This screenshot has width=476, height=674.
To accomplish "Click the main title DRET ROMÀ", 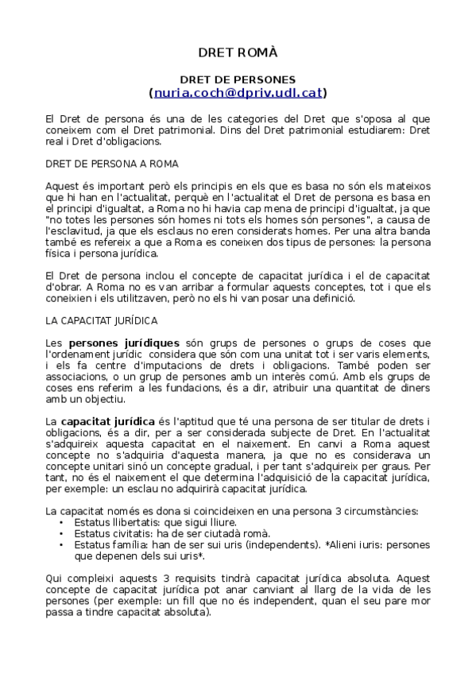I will [238, 52].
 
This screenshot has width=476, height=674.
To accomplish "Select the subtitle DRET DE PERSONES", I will [238, 79].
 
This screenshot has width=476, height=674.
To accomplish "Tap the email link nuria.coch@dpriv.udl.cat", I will [238, 93].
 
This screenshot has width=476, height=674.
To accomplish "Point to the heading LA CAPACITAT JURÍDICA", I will [102, 320].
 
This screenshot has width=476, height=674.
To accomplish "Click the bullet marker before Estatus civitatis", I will [63, 534].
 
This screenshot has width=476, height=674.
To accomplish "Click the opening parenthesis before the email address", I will [151, 93].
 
